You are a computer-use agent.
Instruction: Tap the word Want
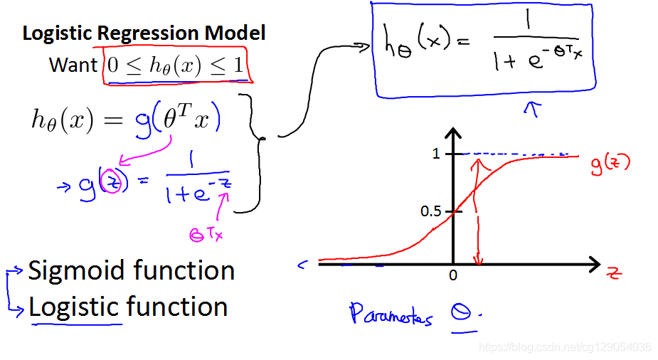(x=73, y=65)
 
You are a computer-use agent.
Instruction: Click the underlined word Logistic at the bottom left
(x=74, y=307)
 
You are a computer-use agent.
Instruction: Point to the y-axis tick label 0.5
(x=430, y=211)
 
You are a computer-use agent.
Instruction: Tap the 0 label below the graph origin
(x=452, y=275)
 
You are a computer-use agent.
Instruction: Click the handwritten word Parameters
(x=391, y=314)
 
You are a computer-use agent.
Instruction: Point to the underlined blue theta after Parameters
(x=463, y=313)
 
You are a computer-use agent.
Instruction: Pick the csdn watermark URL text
(x=565, y=347)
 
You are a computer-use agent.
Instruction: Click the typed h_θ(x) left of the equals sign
(x=63, y=121)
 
